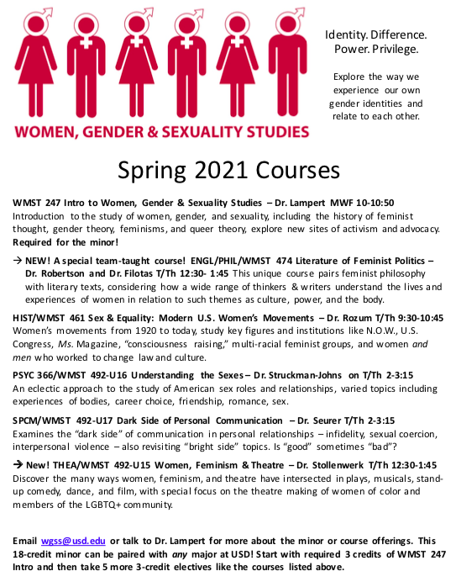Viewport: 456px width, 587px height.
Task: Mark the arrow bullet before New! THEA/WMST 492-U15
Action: pos(18,465)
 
